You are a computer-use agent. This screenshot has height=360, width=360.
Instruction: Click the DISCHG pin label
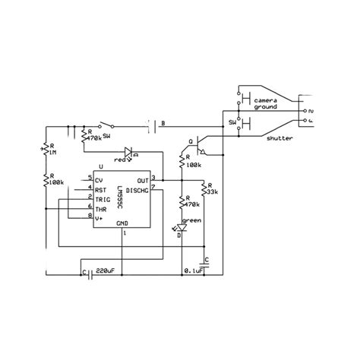point(139,189)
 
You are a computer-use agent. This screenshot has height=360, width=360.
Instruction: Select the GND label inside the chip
point(122,223)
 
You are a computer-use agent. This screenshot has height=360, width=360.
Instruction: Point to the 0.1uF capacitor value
point(195,270)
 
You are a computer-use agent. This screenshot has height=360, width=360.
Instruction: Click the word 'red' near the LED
point(120,159)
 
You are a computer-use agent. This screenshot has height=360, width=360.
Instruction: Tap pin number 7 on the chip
point(154,189)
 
